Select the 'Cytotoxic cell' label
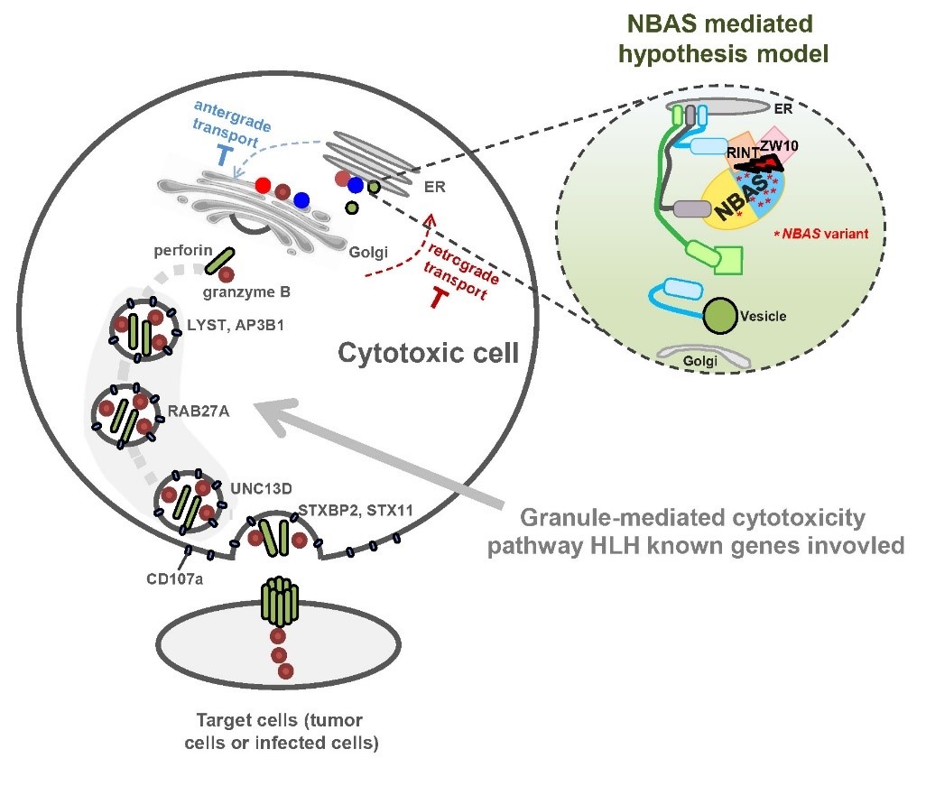429,353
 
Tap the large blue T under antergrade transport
223,157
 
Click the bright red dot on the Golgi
262,186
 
